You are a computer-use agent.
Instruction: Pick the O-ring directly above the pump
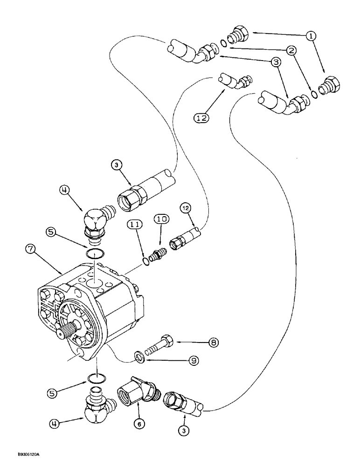click(95, 254)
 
